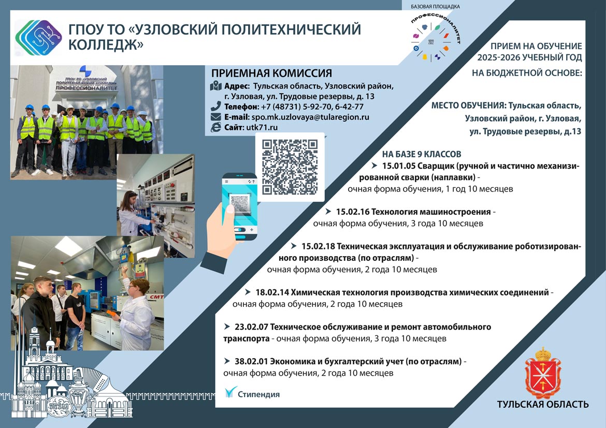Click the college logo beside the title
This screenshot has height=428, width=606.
(x=38, y=38)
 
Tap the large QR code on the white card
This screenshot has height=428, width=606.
(x=290, y=167)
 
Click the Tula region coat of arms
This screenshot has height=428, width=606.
(x=543, y=373)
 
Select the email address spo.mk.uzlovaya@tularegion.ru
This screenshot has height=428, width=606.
(x=310, y=117)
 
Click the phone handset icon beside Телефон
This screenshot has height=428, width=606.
(x=215, y=106)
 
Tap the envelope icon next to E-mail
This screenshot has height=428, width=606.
(x=215, y=117)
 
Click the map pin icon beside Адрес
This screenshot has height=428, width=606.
(x=215, y=86)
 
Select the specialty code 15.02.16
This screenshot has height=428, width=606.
(x=352, y=212)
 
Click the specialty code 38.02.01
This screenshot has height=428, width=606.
(x=251, y=362)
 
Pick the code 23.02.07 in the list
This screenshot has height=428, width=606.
(x=251, y=327)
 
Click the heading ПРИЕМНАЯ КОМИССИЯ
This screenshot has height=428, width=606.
(x=272, y=73)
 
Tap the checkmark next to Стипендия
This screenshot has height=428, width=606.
(x=230, y=392)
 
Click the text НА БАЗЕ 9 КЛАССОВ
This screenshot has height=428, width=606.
(x=422, y=154)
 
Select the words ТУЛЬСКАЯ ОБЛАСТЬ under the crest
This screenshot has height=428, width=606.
(x=543, y=404)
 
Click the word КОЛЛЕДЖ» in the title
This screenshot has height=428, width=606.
(x=106, y=45)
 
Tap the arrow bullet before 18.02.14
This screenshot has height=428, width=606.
(x=248, y=292)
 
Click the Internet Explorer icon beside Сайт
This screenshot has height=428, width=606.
(x=215, y=127)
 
